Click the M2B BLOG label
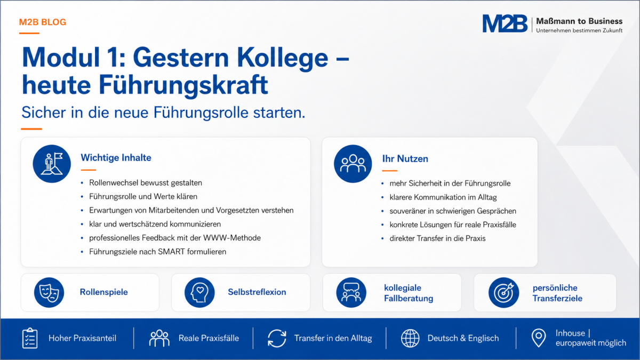43,22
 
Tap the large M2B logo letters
505,23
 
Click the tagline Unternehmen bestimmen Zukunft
579,30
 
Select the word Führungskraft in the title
183,85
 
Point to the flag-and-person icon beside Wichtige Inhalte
52,164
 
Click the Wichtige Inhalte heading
116,157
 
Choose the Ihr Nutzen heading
405,158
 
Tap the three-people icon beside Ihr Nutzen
353,164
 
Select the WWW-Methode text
231,238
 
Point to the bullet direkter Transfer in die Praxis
437,238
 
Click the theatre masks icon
49,292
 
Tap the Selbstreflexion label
257,292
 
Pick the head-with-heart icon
199,292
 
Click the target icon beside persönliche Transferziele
503,293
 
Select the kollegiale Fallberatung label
409,293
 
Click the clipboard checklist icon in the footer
30,338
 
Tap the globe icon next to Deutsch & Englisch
410,338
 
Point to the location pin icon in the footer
539,338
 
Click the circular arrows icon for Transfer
277,339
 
